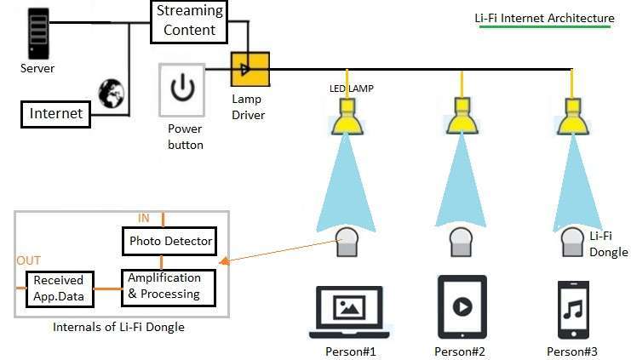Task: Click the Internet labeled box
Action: pyautogui.click(x=56, y=113)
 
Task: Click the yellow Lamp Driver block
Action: pyautogui.click(x=250, y=70)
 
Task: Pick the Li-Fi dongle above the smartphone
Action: pyautogui.click(x=571, y=243)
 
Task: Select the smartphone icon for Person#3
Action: pyautogui.click(x=571, y=309)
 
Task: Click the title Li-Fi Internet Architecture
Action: pyautogui.click(x=544, y=18)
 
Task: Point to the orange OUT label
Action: pyautogui.click(x=27, y=260)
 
